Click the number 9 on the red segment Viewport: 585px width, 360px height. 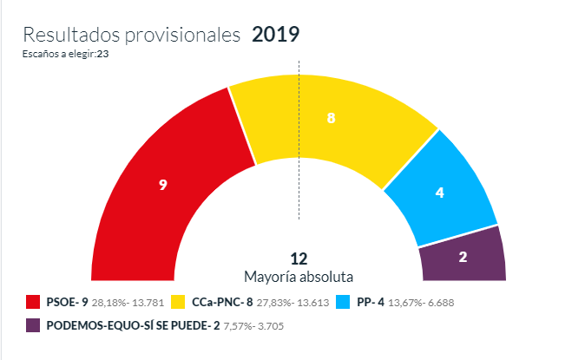(x=162, y=185)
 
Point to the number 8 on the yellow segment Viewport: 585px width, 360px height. (x=331, y=118)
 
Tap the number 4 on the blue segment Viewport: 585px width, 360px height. (x=440, y=193)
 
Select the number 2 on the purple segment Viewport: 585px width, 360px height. (x=463, y=257)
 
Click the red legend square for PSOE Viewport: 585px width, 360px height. (x=34, y=303)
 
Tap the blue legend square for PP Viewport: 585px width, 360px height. (x=342, y=303)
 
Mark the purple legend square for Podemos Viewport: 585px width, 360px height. (x=34, y=326)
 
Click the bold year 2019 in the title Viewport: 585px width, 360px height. (x=275, y=35)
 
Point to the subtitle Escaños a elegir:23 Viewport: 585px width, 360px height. (x=65, y=54)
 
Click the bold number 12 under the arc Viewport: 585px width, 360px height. (x=299, y=259)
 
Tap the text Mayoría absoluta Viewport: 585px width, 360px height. (x=299, y=277)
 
